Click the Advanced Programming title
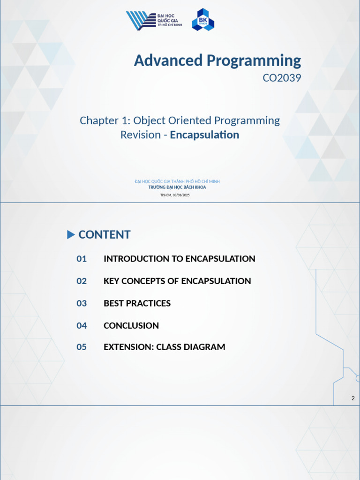pos(217,60)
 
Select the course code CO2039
pos(281,78)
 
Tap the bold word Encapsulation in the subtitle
pos(204,135)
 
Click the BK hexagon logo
pos(202,20)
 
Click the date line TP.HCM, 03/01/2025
pos(175,195)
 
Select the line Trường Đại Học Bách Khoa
pos(177,187)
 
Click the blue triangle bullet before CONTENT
pos(71,234)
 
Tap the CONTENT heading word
pos(104,235)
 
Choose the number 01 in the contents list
pos(82,259)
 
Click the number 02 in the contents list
pos(82,281)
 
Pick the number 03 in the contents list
pos(82,303)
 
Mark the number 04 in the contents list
pos(82,325)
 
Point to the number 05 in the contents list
pos(82,347)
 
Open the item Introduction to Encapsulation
pos(179,259)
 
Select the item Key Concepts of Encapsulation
pos(177,281)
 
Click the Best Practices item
pos(137,303)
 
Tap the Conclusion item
pos(131,325)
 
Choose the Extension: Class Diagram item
pos(164,347)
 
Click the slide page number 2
pos(353,398)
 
